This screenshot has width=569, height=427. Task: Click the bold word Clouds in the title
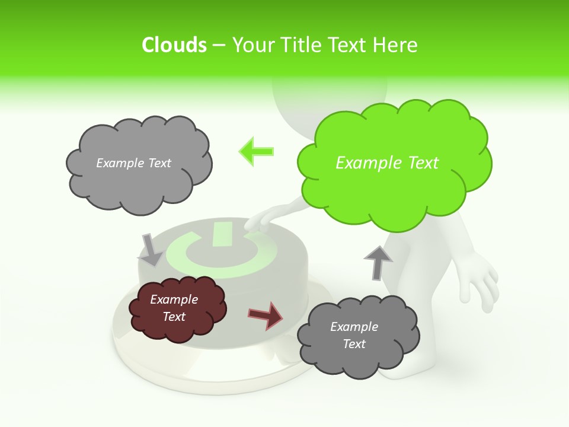(174, 45)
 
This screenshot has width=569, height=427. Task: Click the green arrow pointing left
(257, 151)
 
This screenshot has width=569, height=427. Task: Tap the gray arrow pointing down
(151, 250)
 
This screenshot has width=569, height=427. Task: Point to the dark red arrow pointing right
(266, 316)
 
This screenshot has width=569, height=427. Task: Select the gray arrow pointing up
(378, 262)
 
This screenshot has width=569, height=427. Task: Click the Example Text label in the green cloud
(387, 163)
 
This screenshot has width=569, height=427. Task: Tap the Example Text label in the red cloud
(174, 308)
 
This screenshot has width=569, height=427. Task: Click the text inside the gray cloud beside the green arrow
(133, 163)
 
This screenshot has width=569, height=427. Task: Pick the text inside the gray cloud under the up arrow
(354, 335)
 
